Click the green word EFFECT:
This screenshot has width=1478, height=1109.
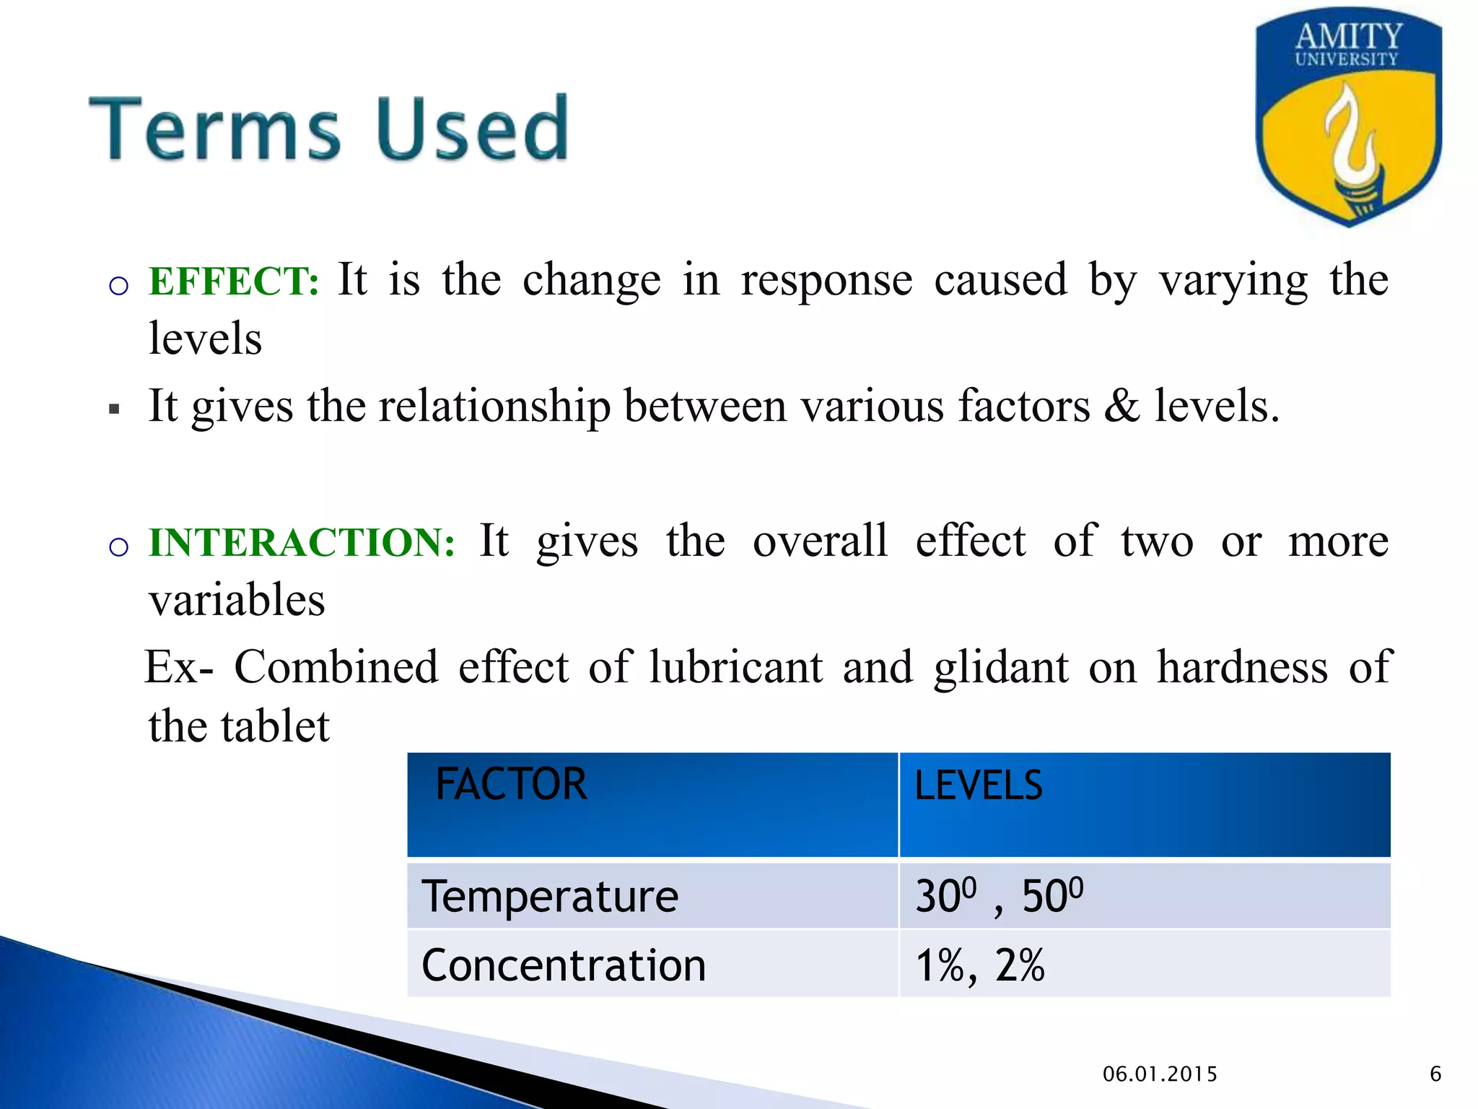(x=233, y=281)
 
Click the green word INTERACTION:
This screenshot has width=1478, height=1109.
(x=302, y=542)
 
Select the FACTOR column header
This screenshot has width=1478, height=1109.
(x=510, y=784)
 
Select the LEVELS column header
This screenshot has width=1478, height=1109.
(x=978, y=786)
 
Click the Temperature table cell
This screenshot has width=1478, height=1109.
(x=550, y=897)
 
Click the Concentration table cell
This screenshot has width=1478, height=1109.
(x=563, y=965)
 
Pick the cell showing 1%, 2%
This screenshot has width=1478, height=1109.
(x=979, y=965)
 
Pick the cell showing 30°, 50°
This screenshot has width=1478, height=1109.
(x=999, y=897)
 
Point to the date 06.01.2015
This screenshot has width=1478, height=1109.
(x=1160, y=1074)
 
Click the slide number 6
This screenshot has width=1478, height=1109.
(x=1435, y=1074)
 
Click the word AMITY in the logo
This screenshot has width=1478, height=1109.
(x=1348, y=35)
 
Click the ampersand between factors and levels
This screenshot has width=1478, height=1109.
(x=1121, y=406)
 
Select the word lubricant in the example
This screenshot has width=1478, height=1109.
(x=735, y=667)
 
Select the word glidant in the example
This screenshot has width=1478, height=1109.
(x=1001, y=667)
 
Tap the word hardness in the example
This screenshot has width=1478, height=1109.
(x=1242, y=667)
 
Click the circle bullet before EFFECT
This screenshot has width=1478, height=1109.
(x=118, y=286)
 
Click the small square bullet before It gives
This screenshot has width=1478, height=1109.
(x=114, y=409)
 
